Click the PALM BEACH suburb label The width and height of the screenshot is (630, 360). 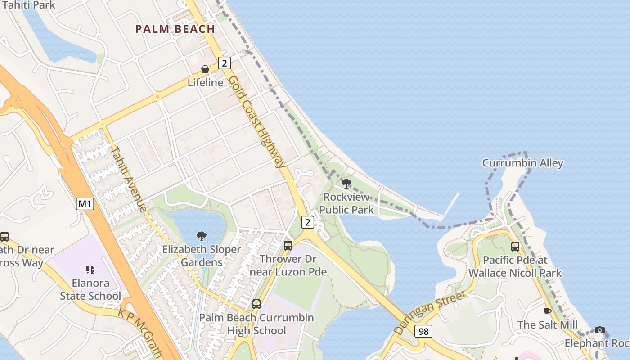point(175,29)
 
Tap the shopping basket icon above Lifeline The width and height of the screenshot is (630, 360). point(205,69)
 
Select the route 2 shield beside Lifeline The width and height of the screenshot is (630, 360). point(225,63)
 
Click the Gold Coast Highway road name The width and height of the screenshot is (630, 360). point(257,121)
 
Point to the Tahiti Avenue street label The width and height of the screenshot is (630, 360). point(129,179)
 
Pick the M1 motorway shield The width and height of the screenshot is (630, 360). point(85,204)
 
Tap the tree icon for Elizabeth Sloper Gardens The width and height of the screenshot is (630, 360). point(202,236)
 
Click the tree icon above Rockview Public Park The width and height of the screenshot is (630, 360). point(346,183)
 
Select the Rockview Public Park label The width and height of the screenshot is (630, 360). point(346,203)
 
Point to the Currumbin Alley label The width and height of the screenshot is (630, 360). point(522,163)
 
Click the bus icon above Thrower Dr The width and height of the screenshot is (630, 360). point(288,246)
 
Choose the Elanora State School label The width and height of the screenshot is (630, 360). point(91,289)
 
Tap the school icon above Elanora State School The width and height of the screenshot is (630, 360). point(90,270)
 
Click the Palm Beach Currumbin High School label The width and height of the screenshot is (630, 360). point(256,324)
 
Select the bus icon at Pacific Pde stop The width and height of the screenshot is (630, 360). point(515,247)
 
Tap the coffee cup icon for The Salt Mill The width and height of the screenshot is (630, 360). point(548,311)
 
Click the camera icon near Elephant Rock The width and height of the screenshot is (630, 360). point(599,330)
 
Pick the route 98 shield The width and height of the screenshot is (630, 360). point(423,331)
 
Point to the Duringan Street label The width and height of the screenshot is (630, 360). point(430,312)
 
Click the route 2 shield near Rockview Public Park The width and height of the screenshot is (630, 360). point(307,222)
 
